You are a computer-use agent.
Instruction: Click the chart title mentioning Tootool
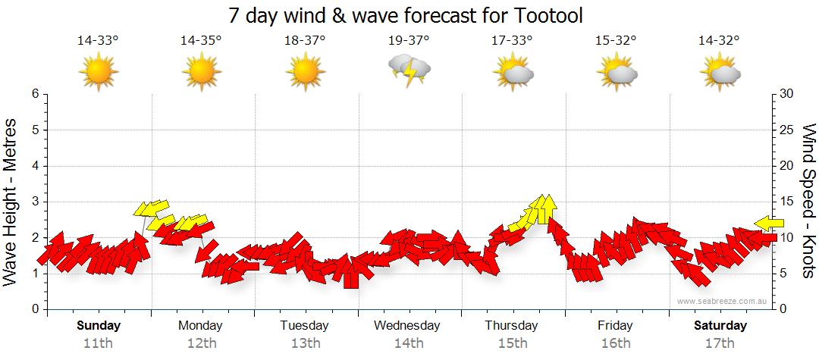pos(410,15)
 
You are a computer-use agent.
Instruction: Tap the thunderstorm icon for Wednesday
pos(409,70)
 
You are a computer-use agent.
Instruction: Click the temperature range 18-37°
pos(305,41)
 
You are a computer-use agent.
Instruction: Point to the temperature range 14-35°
pos(201,41)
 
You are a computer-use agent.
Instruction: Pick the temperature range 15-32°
pos(616,41)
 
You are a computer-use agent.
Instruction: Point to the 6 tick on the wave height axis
pos(35,94)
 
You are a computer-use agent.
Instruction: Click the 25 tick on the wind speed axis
pos(789,130)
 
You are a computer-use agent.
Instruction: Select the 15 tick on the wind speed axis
pos(789,202)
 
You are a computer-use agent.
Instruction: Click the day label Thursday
pos(512,326)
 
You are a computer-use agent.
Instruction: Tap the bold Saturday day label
pos(720,326)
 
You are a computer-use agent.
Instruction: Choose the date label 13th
pos(305,343)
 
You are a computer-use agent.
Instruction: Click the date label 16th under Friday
pos(616,343)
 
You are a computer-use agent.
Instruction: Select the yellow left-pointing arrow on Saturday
pos(769,222)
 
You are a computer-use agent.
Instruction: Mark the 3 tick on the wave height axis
pos(35,202)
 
